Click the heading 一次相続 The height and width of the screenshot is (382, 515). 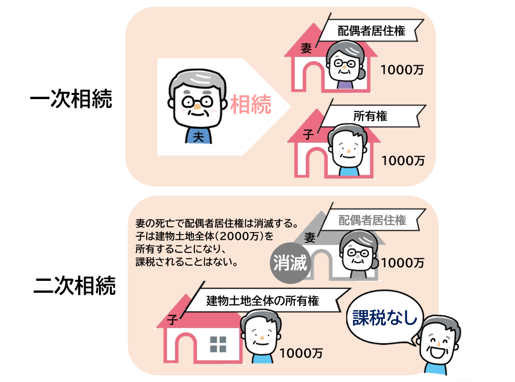point(71,100)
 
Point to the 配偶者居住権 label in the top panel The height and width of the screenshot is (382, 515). point(372,31)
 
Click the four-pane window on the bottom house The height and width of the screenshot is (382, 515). point(217,343)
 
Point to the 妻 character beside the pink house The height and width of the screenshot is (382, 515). point(306,49)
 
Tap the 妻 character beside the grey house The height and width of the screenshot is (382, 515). point(310,237)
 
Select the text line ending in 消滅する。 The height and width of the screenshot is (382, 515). point(216,224)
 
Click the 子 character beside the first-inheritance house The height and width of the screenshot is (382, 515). point(308,135)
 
